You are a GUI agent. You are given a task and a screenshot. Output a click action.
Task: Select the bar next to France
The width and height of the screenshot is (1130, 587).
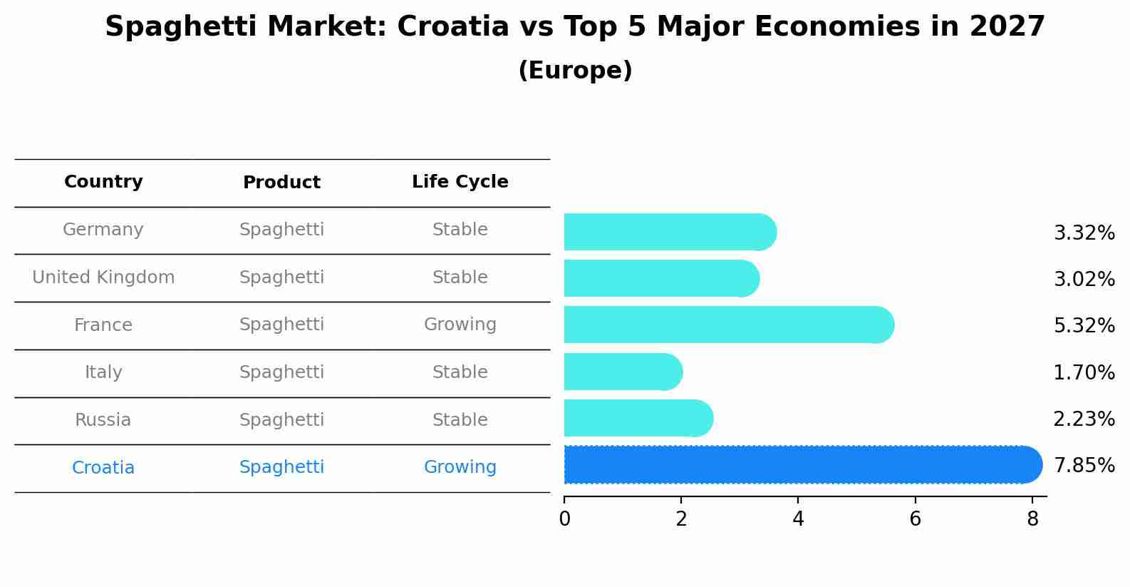click(727, 325)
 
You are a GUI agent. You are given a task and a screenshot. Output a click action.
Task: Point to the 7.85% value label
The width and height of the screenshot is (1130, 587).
click(1084, 466)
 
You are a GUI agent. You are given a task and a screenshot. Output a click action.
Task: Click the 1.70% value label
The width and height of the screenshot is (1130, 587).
click(1084, 372)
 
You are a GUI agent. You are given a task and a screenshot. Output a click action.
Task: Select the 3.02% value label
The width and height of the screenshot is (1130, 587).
click(1084, 279)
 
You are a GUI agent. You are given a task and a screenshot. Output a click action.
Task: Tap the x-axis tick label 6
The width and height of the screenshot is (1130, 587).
click(915, 519)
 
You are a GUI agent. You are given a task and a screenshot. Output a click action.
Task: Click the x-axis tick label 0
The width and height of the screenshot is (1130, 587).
click(564, 519)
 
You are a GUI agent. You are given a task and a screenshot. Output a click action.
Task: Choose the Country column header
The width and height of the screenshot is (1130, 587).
click(103, 182)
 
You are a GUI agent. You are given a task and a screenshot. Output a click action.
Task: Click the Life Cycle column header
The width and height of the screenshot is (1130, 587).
click(460, 182)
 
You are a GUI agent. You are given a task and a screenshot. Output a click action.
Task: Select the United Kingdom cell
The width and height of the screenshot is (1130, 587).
click(103, 277)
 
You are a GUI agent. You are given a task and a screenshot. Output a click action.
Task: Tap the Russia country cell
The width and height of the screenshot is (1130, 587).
click(103, 420)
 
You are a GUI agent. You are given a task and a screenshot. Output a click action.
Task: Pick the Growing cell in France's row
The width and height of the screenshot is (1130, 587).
click(460, 325)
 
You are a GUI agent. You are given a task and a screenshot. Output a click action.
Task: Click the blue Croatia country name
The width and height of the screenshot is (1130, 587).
click(103, 468)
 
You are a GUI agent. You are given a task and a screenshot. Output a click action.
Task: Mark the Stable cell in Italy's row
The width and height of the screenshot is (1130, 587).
click(460, 372)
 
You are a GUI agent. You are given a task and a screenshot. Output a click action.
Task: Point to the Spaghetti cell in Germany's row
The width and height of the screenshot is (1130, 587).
click(281, 230)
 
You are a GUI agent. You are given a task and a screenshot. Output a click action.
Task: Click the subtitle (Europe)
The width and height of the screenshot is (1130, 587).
click(575, 71)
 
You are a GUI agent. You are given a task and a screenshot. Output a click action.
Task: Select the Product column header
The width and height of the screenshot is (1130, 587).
click(281, 183)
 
